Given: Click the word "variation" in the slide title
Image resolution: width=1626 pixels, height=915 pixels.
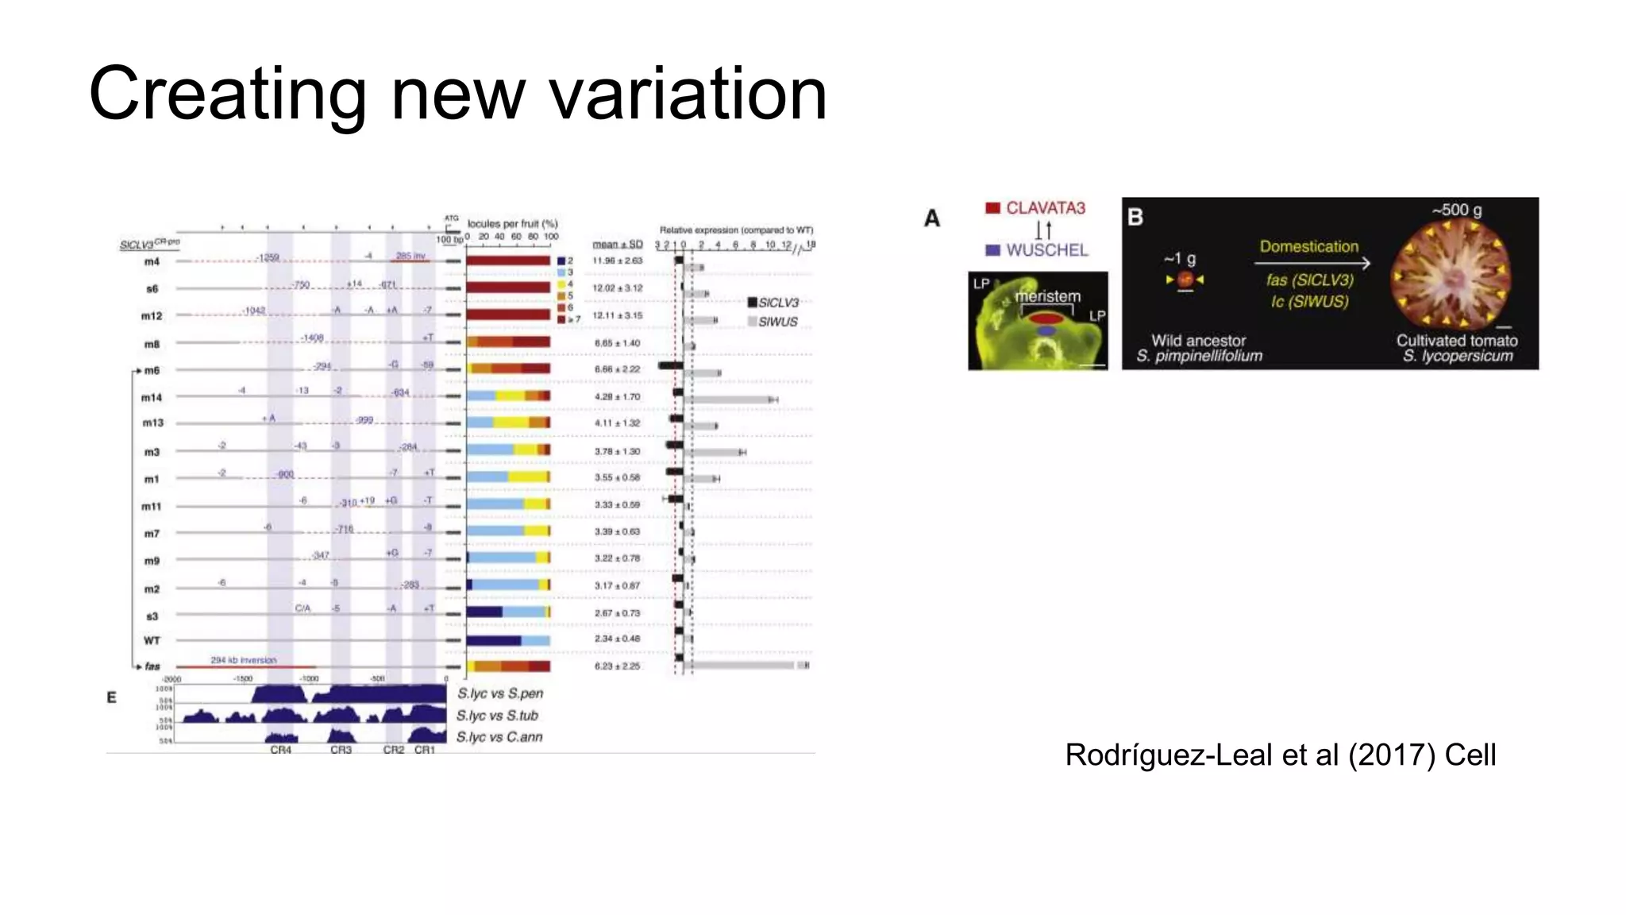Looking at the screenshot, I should pos(688,95).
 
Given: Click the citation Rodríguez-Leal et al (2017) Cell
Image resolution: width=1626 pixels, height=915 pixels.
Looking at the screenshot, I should pos(1280,755).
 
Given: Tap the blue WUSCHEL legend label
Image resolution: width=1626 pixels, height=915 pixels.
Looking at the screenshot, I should pos(1036,250).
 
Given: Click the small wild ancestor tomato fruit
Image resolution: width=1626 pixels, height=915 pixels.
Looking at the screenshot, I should pos(1185,280).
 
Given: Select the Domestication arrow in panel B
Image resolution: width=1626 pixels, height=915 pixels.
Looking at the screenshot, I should pos(1314,263).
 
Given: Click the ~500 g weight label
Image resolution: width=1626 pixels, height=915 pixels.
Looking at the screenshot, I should pos(1457,210).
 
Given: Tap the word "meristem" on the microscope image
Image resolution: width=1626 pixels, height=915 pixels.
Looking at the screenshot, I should pos(1047,296).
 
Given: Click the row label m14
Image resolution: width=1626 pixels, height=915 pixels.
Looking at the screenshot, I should pos(152,397).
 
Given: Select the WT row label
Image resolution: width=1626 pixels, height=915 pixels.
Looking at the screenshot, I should pos(152,640).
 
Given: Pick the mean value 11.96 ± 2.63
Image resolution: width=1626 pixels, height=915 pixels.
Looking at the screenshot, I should pos(618,261).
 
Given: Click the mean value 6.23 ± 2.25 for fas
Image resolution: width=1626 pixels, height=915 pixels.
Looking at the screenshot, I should pos(618,666).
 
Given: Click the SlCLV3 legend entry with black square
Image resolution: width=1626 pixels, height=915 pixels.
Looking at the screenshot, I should pos(773,303).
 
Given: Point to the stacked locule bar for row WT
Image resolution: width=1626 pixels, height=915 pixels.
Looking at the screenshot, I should pos(508,640).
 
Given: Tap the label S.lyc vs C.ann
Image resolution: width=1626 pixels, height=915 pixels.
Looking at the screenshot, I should pos(499,737).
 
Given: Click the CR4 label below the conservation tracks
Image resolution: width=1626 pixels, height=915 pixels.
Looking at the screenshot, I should pos(281,750).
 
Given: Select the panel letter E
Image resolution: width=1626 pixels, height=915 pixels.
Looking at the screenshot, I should pos(112,697).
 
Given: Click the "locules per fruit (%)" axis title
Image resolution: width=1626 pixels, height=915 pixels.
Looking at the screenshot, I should pos(513,224).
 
